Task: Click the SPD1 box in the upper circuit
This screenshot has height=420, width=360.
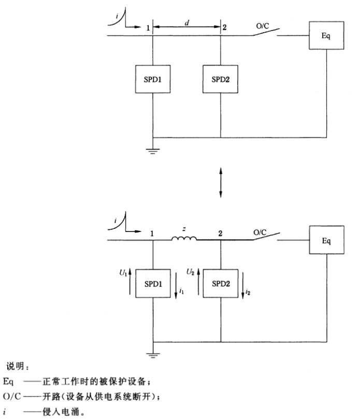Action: (153, 80)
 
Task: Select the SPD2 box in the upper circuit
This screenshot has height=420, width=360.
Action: (221, 80)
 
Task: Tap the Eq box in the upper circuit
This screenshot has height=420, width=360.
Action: (326, 36)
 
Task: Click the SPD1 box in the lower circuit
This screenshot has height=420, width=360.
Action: (153, 283)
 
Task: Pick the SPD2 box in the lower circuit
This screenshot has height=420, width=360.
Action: (221, 283)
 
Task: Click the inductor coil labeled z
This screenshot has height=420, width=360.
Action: (184, 239)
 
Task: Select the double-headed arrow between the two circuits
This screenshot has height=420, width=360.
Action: (221, 182)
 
